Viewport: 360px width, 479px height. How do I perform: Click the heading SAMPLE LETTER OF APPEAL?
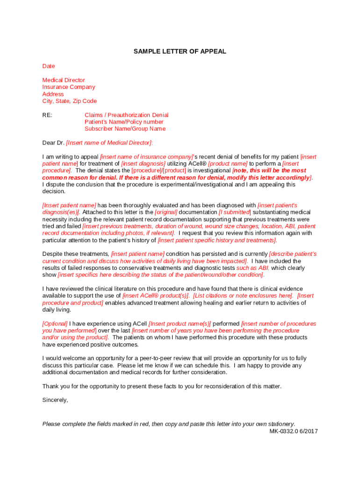180,51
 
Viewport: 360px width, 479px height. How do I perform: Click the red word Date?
49,66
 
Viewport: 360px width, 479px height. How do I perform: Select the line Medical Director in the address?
64,80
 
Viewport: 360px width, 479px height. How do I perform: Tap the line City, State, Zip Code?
70,101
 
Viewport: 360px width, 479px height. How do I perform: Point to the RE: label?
47,115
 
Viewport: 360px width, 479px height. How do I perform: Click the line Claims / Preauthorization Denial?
126,115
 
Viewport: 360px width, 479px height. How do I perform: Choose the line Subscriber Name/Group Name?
125,129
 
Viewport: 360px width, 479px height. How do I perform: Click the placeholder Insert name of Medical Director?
109,143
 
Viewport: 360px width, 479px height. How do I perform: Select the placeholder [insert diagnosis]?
143,164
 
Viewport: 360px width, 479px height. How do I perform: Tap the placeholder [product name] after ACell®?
227,164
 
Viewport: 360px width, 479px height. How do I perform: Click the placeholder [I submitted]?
235,212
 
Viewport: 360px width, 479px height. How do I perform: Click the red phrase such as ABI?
253,268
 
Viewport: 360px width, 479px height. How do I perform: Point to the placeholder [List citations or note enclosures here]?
243,296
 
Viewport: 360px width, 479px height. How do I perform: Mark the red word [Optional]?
55,324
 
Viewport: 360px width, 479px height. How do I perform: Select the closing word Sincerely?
55,400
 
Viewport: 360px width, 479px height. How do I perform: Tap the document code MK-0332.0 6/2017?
293,431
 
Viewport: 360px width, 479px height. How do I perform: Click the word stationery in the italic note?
280,424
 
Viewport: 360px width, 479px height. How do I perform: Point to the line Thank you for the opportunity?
162,386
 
